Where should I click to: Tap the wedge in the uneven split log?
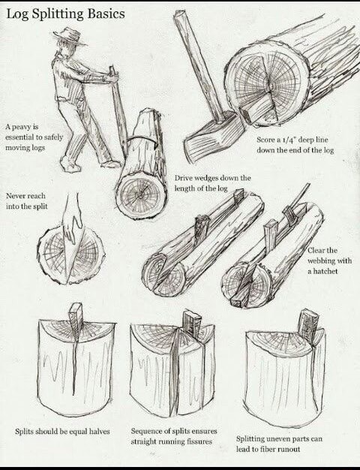(307, 323)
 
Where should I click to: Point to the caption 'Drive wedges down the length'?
(212, 182)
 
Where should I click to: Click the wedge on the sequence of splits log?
(191, 324)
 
